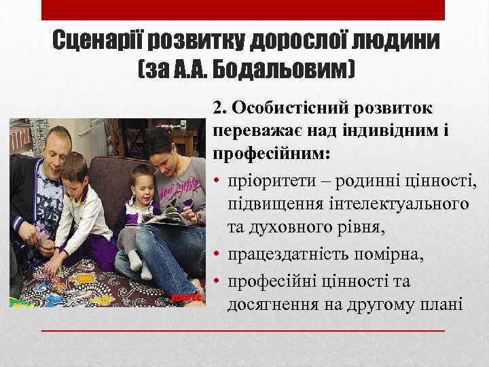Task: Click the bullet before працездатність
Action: pos(217,259)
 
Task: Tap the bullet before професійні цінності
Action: pos(217,281)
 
